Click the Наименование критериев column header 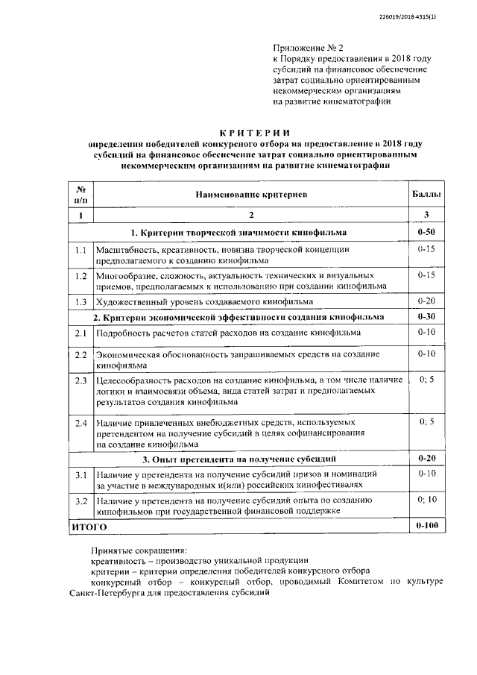(251, 194)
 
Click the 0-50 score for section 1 (426, 232)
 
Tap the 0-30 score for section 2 (426, 317)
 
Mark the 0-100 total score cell (426, 527)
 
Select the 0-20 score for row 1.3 (426, 301)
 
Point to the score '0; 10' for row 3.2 (426, 500)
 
